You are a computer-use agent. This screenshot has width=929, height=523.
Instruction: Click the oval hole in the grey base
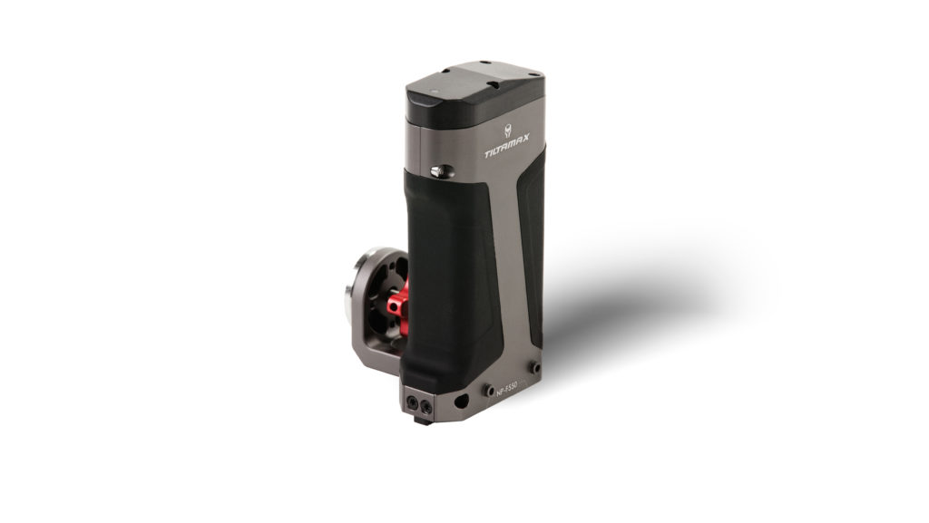coord(465,400)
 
